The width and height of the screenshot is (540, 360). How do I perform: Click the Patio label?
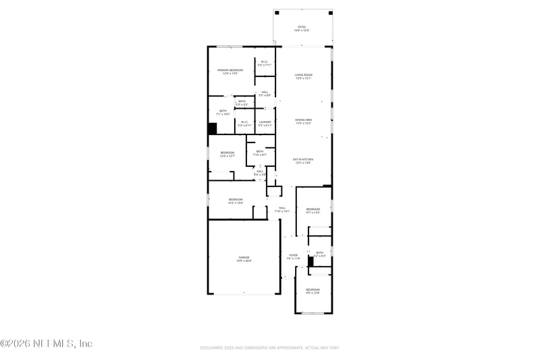coord(302,28)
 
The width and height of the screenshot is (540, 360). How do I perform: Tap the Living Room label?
coord(303,76)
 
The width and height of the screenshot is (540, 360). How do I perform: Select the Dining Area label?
coord(303,121)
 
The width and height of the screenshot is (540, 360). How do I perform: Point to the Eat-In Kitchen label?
coord(303,161)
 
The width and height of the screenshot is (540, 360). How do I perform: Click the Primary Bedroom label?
coord(230,72)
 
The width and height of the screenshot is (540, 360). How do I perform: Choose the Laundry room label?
coord(265,124)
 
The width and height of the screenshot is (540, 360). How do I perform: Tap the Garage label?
coord(244,259)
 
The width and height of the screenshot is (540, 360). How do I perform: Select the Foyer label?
coord(293,257)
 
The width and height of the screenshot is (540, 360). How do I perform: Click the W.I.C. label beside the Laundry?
coord(244,124)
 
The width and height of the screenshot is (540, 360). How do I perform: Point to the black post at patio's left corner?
coord(276,12)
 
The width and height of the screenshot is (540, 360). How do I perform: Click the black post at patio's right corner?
coord(330,12)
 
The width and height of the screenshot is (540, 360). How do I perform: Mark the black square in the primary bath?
coord(212,129)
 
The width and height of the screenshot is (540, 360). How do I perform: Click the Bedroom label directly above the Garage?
coord(235,201)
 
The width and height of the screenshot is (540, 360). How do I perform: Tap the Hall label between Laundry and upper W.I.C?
coord(265,94)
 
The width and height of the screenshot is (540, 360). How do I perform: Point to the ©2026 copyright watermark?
coord(46,344)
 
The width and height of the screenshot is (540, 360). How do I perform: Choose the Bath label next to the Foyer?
coord(320,255)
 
